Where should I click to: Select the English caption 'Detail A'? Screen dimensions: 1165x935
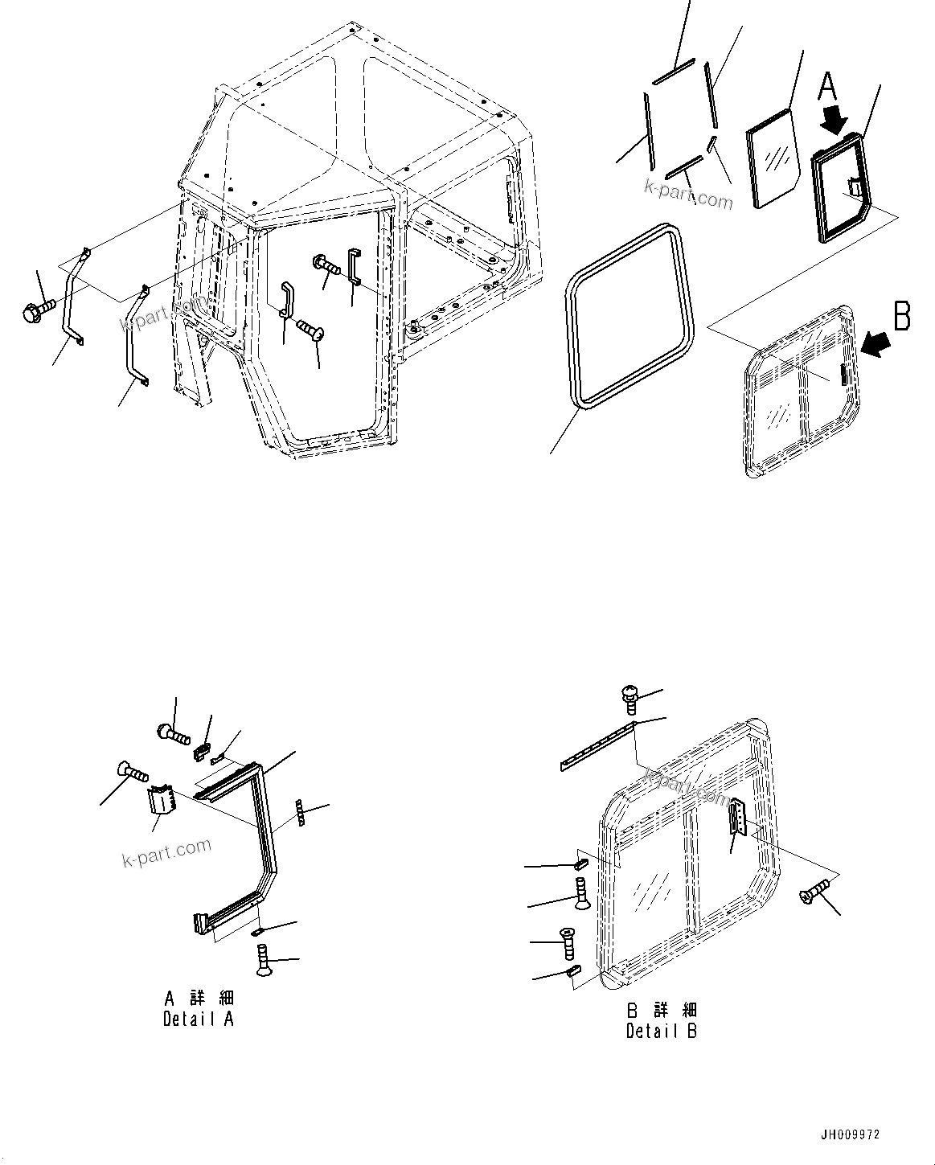click(199, 1019)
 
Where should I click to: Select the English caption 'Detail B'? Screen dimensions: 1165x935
click(661, 1030)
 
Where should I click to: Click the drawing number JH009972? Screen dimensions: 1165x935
click(850, 1134)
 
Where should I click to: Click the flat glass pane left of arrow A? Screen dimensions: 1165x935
click(771, 158)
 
